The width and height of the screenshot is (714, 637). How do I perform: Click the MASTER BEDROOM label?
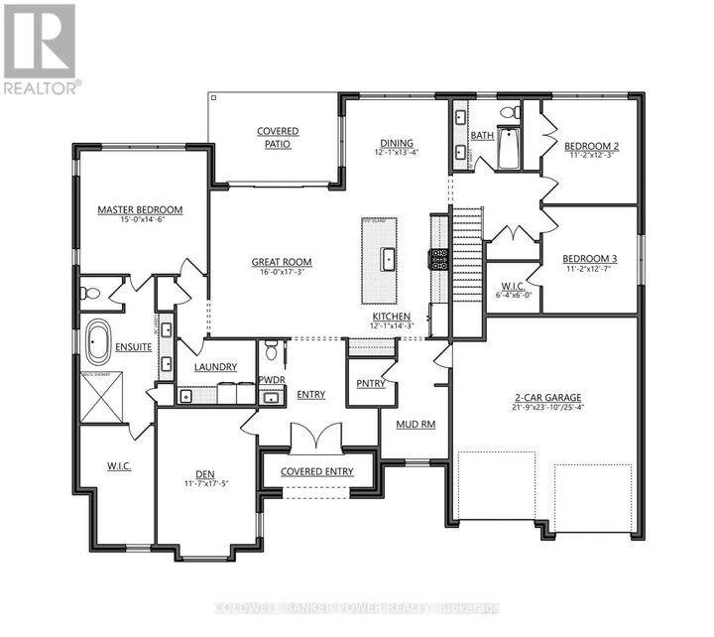click(140, 209)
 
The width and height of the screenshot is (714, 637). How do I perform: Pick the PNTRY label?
click(370, 383)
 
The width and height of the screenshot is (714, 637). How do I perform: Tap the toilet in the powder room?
click(272, 351)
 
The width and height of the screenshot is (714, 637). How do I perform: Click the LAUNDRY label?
click(215, 367)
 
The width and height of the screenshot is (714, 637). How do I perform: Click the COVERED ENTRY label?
click(316, 471)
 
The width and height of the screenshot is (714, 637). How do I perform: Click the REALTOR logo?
click(41, 50)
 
